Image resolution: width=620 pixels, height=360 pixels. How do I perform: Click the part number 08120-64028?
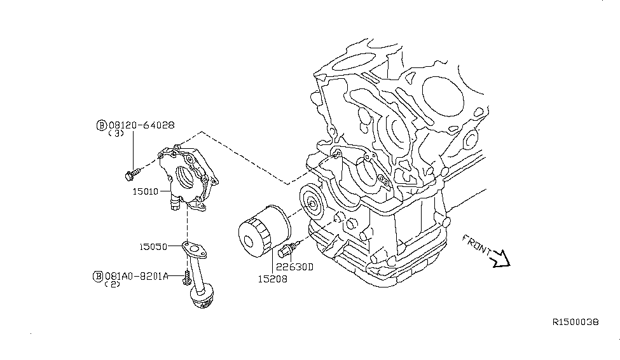pyautogui.click(x=141, y=125)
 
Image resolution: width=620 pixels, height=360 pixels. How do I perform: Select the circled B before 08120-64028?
pyautogui.click(x=101, y=125)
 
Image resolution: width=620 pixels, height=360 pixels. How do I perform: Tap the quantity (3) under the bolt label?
pyautogui.click(x=116, y=134)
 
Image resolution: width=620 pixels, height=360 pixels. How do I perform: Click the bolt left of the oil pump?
pyautogui.click(x=132, y=171)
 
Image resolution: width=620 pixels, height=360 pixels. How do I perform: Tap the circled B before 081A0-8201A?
pyautogui.click(x=99, y=276)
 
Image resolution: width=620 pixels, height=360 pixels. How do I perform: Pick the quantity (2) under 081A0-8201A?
pyautogui.click(x=113, y=285)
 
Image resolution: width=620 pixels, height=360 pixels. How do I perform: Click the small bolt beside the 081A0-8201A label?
pyautogui.click(x=186, y=277)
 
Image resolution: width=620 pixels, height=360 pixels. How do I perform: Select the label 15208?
pyautogui.click(x=273, y=278)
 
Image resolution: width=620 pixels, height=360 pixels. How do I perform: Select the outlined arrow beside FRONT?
pyautogui.click(x=502, y=258)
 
